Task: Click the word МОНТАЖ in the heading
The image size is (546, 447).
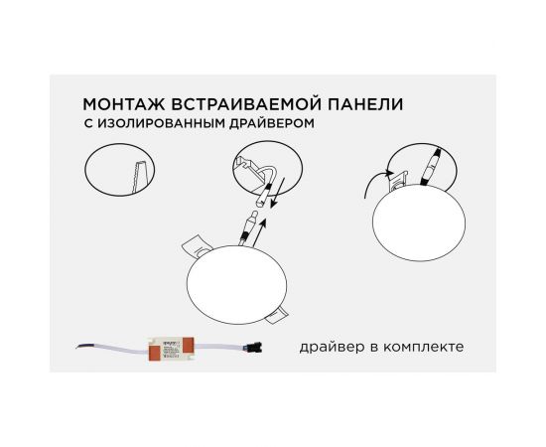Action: [x=117, y=103]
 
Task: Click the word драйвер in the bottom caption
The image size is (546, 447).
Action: [x=329, y=348]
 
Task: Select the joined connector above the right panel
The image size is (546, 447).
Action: [x=433, y=163]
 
